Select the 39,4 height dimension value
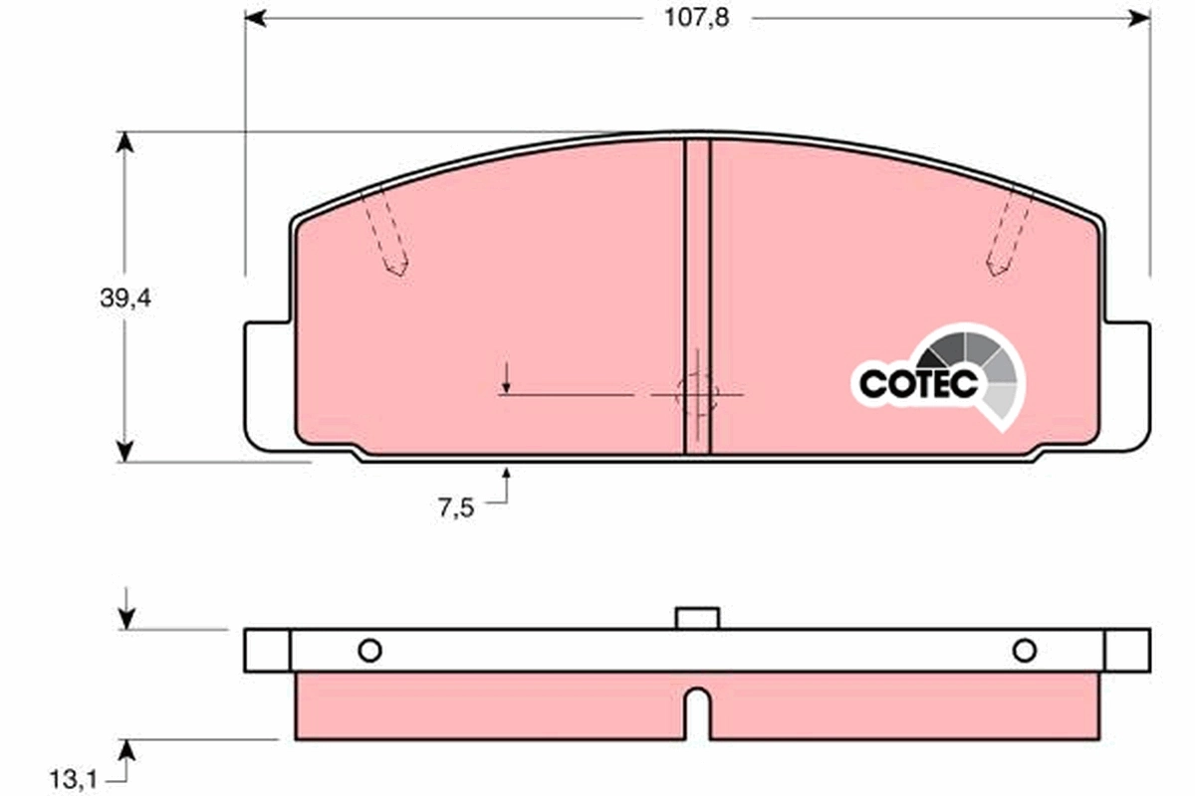point(124,298)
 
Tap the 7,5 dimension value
point(454,508)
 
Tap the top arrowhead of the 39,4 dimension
point(124,142)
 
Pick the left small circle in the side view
point(369,651)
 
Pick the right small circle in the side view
point(1025,651)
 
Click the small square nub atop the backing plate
point(697,618)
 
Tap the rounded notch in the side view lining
point(697,708)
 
